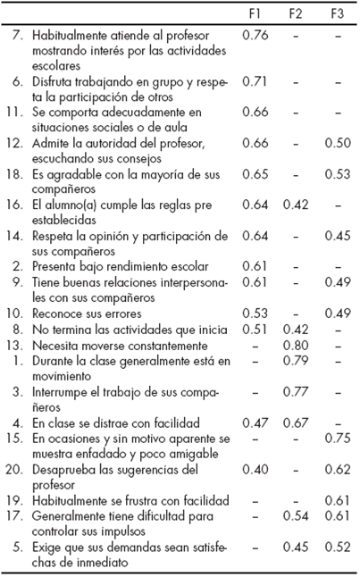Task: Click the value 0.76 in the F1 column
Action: pos(255,35)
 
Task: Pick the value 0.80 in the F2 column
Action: pos(297,345)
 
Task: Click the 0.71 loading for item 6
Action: pos(255,80)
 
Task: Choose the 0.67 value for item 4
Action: pos(297,421)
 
